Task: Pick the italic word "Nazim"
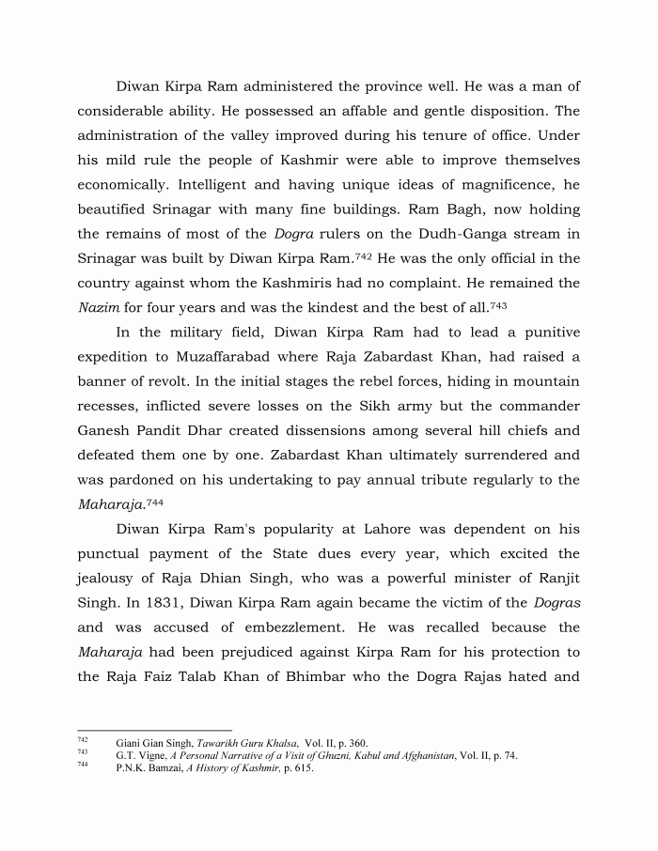tap(97, 307)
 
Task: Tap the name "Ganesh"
tap(107, 430)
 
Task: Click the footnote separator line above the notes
tap(154, 730)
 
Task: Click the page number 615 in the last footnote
tap(302, 767)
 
